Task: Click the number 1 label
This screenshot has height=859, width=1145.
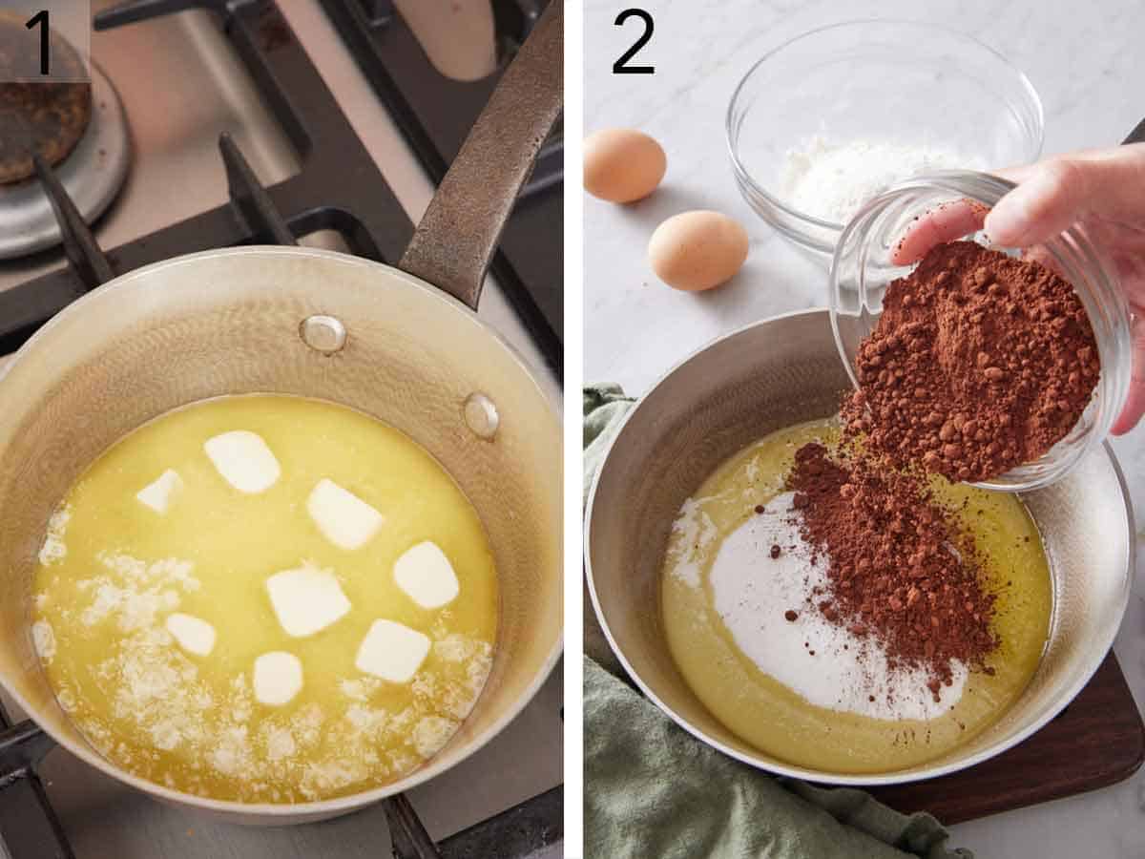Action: click(40, 42)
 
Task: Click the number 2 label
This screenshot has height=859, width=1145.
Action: click(634, 42)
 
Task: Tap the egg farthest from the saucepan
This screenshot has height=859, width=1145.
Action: click(624, 165)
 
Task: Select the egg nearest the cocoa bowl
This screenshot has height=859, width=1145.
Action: click(697, 250)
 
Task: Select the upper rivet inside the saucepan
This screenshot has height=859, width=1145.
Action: click(323, 333)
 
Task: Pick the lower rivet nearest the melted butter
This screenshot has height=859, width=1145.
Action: click(480, 415)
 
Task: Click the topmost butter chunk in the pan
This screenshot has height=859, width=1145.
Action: click(242, 461)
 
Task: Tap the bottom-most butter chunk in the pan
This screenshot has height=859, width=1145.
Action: click(278, 678)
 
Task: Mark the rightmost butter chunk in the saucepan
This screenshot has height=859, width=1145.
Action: click(426, 575)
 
